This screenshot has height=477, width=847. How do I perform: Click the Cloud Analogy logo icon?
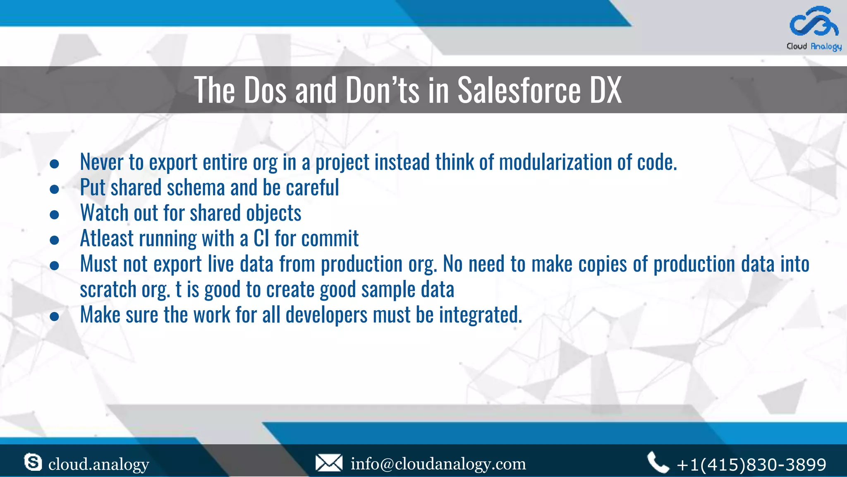[814, 22]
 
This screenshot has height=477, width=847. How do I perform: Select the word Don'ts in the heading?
[382, 90]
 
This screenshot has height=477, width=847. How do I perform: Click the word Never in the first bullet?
[101, 162]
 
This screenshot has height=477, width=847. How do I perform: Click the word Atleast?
[107, 238]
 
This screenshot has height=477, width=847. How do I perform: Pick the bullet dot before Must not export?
[54, 265]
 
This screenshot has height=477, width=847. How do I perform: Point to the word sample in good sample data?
[388, 289]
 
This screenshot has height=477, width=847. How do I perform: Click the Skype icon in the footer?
[33, 462]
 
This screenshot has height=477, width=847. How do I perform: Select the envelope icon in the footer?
[329, 463]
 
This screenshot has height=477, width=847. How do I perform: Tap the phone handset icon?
[658, 463]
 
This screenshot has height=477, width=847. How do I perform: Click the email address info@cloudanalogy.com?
[438, 464]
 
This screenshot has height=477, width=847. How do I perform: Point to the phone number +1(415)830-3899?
[751, 465]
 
